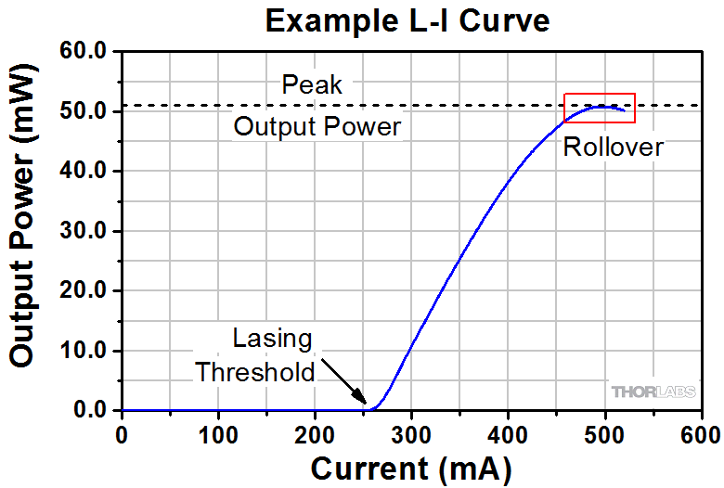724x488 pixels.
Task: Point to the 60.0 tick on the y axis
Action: click(x=85, y=53)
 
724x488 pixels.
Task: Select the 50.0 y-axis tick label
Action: click(x=85, y=112)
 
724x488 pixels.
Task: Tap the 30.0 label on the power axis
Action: click(x=85, y=232)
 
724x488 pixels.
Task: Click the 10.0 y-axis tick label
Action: click(x=85, y=352)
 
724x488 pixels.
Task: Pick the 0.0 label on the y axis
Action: click(x=91, y=411)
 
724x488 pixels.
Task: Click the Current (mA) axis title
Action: click(x=410, y=469)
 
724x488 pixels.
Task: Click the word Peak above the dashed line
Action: click(x=312, y=86)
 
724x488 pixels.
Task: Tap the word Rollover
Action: click(x=614, y=147)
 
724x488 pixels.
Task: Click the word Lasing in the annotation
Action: click(x=272, y=338)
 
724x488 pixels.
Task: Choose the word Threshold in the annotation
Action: click(x=254, y=372)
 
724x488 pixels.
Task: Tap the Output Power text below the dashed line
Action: click(x=317, y=126)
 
